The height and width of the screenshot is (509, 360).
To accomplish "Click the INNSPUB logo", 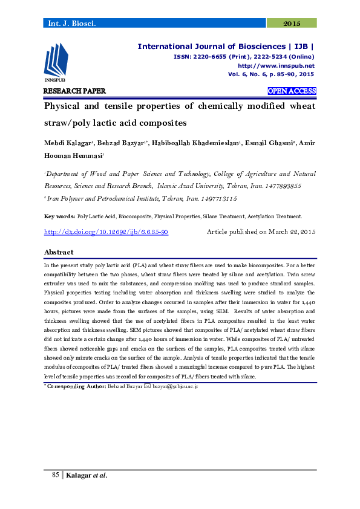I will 55,63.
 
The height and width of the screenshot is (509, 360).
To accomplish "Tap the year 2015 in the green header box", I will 292,23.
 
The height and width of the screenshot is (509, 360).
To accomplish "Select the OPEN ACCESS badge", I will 292,91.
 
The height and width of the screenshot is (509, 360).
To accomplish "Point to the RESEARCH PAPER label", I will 74,91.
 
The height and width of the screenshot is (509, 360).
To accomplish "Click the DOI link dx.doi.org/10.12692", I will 106,232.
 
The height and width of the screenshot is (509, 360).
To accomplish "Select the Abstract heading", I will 59,252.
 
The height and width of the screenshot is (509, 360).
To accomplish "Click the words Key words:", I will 60,216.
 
